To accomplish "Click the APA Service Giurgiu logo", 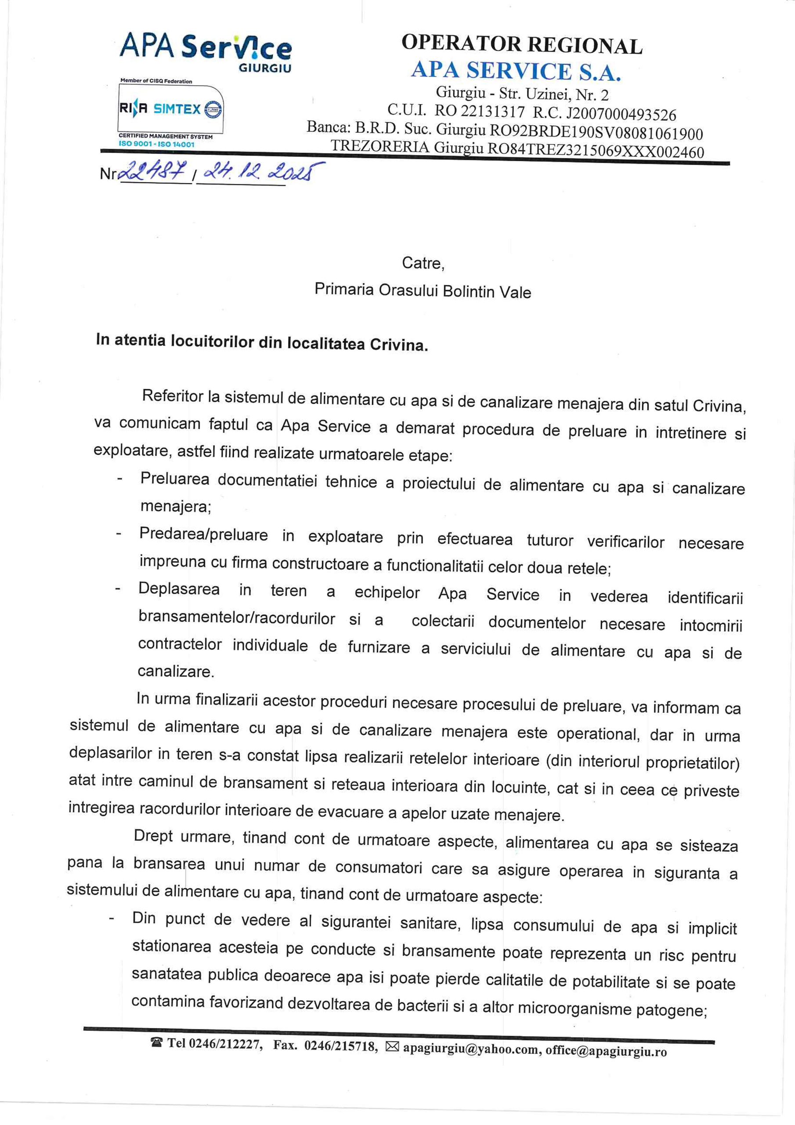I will [206, 50].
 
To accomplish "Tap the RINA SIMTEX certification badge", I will [171, 109].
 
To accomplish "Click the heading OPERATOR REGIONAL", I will [521, 45].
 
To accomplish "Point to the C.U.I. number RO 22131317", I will [479, 112].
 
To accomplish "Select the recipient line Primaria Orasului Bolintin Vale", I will [422, 290].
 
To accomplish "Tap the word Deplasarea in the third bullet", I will [179, 588].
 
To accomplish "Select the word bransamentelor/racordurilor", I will [237, 618].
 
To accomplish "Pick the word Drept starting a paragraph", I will [153, 835].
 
